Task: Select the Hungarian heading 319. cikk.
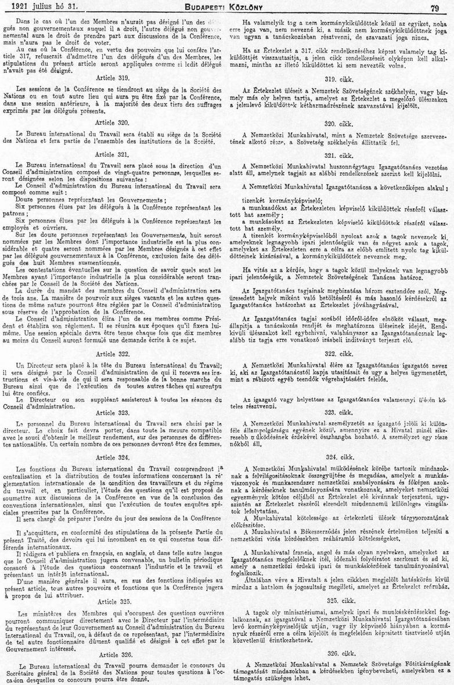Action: click(x=339, y=78)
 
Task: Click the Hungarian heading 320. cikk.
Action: click(x=339, y=122)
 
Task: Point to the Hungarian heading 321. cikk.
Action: click(x=339, y=156)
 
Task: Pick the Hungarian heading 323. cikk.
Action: click(x=339, y=412)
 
